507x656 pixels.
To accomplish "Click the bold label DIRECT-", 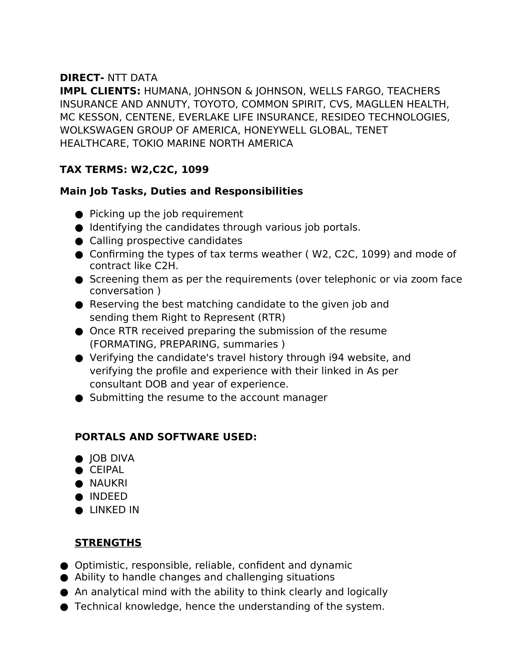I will click(x=82, y=78).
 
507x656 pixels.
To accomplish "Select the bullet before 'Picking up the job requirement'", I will click(x=79, y=214).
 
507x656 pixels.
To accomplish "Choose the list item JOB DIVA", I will click(x=112, y=458).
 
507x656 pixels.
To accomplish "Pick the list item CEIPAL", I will click(x=107, y=470).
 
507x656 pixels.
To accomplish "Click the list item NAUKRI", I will click(x=108, y=483).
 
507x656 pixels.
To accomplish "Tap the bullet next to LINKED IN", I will click(x=79, y=510).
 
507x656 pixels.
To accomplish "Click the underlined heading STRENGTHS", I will click(x=108, y=543).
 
